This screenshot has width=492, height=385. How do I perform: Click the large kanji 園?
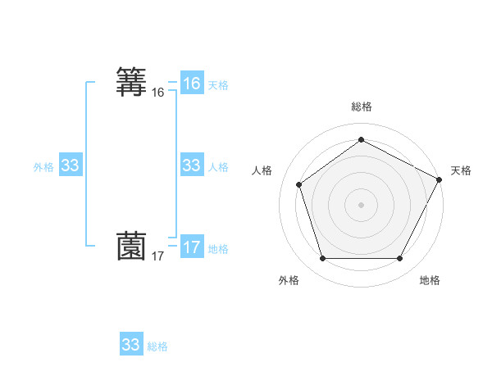(132, 246)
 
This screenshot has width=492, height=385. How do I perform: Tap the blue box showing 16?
(192, 83)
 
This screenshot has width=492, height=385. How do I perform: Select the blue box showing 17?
(192, 247)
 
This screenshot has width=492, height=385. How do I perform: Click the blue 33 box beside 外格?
(71, 165)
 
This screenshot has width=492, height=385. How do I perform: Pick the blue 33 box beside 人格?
(192, 165)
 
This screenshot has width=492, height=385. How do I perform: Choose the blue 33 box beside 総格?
(131, 345)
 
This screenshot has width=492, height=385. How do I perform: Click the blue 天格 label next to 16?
(218, 84)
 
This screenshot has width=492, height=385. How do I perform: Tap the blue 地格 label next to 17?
(218, 249)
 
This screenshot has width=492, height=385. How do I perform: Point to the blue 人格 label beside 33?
(218, 167)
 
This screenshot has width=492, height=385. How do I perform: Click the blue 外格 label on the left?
(43, 167)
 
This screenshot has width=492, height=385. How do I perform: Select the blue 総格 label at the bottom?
(157, 346)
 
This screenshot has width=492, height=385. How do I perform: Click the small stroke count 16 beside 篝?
(158, 93)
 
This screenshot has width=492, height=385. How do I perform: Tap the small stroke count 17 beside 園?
(158, 256)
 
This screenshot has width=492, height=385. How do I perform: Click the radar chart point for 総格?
(361, 139)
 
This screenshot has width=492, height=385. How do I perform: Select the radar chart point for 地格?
(399, 259)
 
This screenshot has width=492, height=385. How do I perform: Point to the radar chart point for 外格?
(322, 259)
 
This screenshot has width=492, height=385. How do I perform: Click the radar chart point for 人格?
(298, 184)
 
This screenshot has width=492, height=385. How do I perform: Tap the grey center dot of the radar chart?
(361, 205)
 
